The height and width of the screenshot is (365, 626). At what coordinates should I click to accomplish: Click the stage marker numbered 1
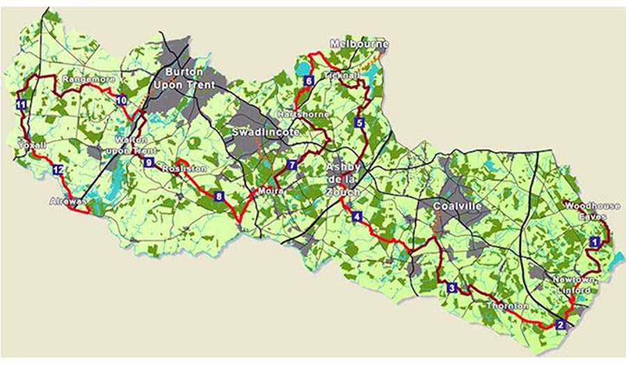point(594,241)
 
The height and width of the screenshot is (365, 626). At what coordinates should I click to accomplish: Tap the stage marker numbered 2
point(561,324)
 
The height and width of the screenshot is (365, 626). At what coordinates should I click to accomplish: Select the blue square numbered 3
point(452,288)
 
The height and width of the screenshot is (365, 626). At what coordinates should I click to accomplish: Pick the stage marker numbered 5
point(360,123)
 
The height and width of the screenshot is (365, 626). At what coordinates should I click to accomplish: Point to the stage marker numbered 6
point(309,81)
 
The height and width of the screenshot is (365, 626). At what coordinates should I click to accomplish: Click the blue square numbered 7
point(291,166)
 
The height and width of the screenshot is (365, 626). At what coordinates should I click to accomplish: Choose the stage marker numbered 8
point(219,196)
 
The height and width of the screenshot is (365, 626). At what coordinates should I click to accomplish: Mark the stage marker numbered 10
point(122,100)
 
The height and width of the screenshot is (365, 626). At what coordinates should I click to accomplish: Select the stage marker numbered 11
point(21,105)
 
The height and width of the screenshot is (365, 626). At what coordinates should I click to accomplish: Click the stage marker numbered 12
point(58,170)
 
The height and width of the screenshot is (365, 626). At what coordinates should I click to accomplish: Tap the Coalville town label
point(456,207)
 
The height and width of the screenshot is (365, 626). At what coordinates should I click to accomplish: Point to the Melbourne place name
point(358,44)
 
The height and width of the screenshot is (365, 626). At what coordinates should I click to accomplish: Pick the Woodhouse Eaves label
point(587,211)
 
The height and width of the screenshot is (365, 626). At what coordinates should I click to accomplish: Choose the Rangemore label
point(88,80)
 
